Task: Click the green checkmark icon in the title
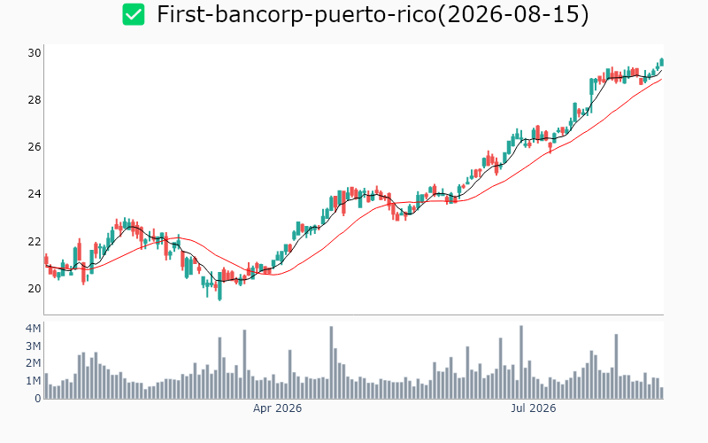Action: [x=134, y=14]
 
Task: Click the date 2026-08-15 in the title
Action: [x=513, y=14]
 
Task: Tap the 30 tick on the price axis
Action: [x=35, y=53]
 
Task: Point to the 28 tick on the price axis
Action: [x=35, y=100]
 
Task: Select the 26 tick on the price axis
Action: [x=35, y=147]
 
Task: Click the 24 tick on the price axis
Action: [x=35, y=194]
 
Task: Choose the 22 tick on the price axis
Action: [x=35, y=241]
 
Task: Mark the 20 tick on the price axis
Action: [x=35, y=289]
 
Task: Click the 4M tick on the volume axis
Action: [x=34, y=328]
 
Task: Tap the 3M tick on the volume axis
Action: [x=34, y=346]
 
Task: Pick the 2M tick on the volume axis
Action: [x=34, y=363]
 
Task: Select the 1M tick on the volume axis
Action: [x=34, y=381]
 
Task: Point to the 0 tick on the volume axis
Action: [x=37, y=398]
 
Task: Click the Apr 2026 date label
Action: [x=277, y=408]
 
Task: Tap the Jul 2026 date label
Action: [x=534, y=408]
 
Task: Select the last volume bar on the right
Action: [x=661, y=392]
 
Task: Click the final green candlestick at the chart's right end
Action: [x=661, y=62]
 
